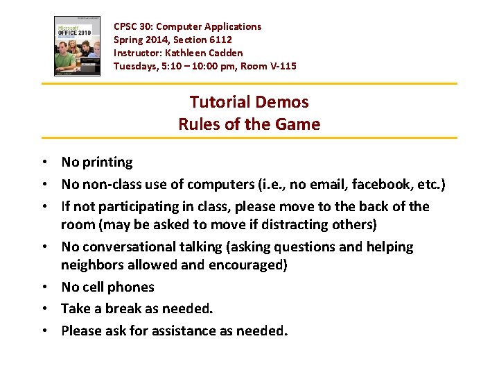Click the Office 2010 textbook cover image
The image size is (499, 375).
[78, 46]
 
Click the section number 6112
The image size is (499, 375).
[218, 40]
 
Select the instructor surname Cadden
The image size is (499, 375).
[225, 53]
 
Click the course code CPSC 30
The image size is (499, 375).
[132, 26]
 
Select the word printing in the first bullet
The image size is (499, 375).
[107, 162]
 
